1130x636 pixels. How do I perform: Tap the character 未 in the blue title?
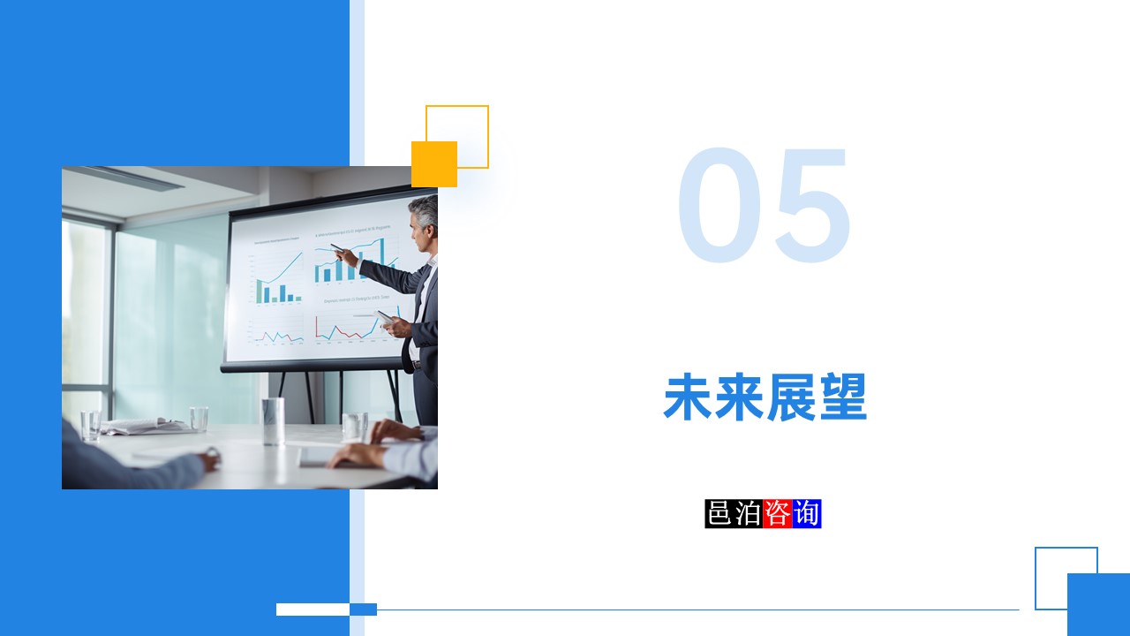pyautogui.click(x=688, y=398)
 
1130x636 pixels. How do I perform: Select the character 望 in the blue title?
pyautogui.click(x=842, y=398)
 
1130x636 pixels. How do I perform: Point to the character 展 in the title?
pyautogui.click(x=791, y=398)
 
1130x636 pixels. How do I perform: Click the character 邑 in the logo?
pyautogui.click(x=719, y=513)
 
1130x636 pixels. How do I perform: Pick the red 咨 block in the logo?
pyautogui.click(x=778, y=513)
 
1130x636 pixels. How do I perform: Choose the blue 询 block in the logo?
pyautogui.click(x=807, y=513)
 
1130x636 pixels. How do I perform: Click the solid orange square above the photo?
pyautogui.click(x=434, y=164)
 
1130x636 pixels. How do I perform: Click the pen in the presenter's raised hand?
pyautogui.click(x=337, y=248)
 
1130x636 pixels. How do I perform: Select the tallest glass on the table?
pyautogui.click(x=273, y=420)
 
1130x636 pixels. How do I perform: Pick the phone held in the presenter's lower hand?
pyautogui.click(x=385, y=316)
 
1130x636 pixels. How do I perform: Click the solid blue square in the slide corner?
pyautogui.click(x=1098, y=604)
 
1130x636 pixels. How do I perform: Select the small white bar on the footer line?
pyautogui.click(x=313, y=609)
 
